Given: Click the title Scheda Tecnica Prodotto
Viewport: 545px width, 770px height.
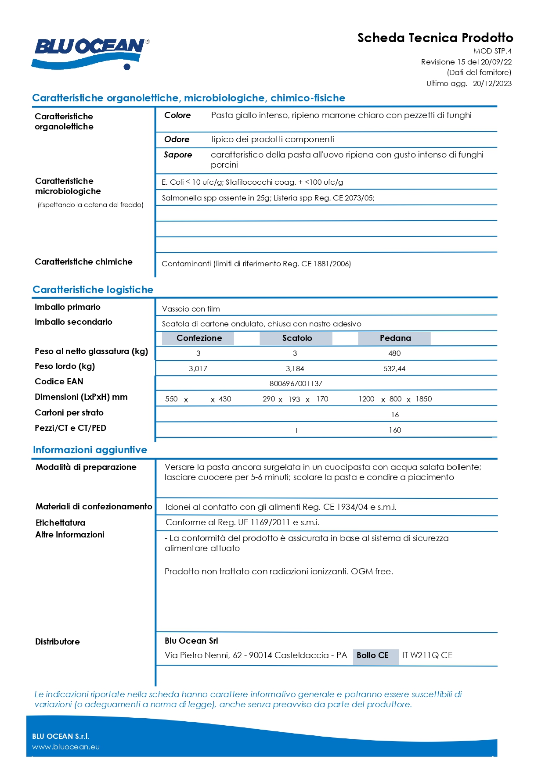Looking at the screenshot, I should coord(435,38).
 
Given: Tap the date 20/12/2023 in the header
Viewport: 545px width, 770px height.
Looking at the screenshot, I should coord(492,83).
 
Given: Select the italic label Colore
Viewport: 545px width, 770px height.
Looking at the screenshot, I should coord(177,115).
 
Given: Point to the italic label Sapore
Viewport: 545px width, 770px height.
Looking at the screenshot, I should coord(178,155).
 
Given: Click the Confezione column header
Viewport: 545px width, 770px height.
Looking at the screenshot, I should coord(199,338).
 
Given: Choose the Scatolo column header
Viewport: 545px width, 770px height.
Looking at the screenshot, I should coord(297,338).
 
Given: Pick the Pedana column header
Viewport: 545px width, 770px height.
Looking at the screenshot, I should coord(395,338).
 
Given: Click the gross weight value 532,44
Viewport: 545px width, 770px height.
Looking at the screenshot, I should coord(394,369).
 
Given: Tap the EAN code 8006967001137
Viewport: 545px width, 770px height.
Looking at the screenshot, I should coord(296,383).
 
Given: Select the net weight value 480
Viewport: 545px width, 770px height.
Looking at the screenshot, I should coord(394,353).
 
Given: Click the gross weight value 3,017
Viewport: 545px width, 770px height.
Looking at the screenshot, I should coord(198,369).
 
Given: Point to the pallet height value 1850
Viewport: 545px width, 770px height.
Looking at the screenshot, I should coord(424,399).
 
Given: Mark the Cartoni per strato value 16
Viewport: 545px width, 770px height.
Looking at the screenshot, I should coord(395,415).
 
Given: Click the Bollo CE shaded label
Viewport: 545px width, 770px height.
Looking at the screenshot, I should coord(372,655).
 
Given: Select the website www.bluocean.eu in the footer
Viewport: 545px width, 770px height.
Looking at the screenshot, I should coord(66,747).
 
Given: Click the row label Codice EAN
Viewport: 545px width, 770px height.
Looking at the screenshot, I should coord(59,382).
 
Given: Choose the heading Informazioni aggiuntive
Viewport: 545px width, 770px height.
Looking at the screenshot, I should coord(90,450).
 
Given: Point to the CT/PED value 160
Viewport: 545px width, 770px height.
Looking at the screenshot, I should coord(395,430).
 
